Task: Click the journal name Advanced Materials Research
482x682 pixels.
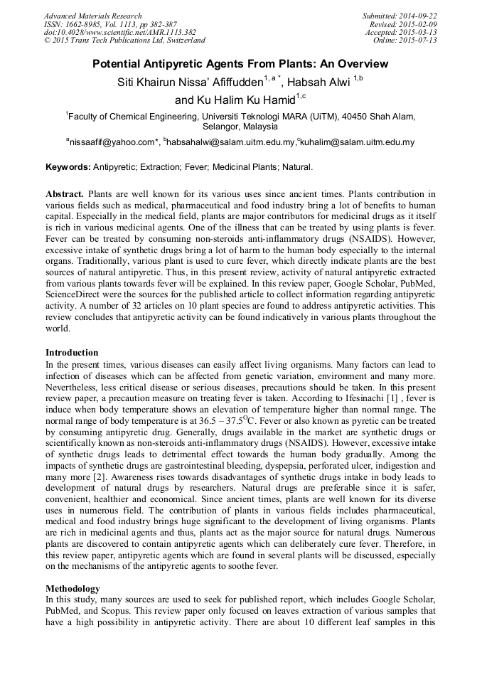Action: click(x=93, y=16)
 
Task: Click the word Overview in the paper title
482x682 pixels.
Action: click(x=359, y=64)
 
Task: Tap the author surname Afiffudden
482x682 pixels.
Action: click(x=227, y=82)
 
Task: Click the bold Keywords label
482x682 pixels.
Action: click(x=68, y=167)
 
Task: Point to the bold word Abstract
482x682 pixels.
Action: click(x=65, y=193)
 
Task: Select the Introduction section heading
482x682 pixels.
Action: click(x=72, y=353)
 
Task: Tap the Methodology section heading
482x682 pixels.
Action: click(x=73, y=589)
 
